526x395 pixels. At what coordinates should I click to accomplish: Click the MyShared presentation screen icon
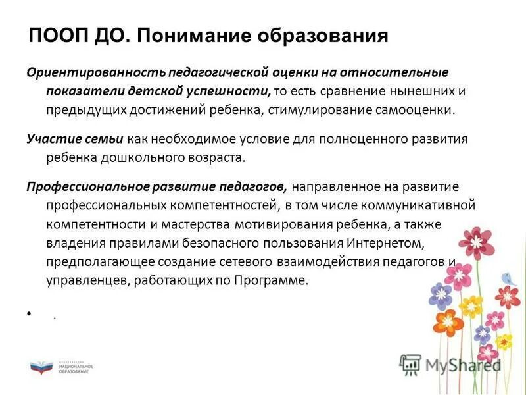click(411, 364)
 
